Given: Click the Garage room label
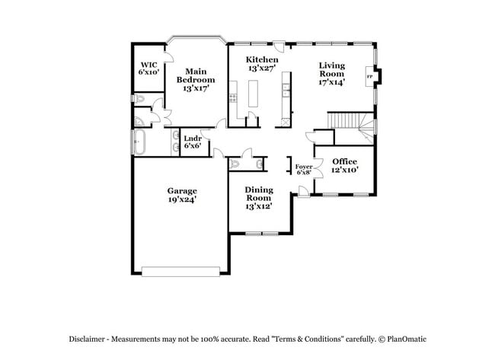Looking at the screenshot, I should (x=182, y=190).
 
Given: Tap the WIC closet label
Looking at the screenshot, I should (x=148, y=64).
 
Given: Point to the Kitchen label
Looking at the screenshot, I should (x=262, y=59).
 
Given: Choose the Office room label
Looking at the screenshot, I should (x=344, y=161).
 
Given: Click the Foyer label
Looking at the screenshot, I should (x=304, y=166).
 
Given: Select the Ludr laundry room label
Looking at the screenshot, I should (x=192, y=138).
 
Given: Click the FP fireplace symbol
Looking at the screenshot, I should (x=370, y=77).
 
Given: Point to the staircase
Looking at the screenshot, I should (x=346, y=121).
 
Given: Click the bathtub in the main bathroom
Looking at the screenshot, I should (x=140, y=142).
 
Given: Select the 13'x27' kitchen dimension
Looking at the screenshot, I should (x=262, y=68).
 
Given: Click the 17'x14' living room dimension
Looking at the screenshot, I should (x=332, y=82).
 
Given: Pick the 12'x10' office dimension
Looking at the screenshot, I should (x=344, y=170).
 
